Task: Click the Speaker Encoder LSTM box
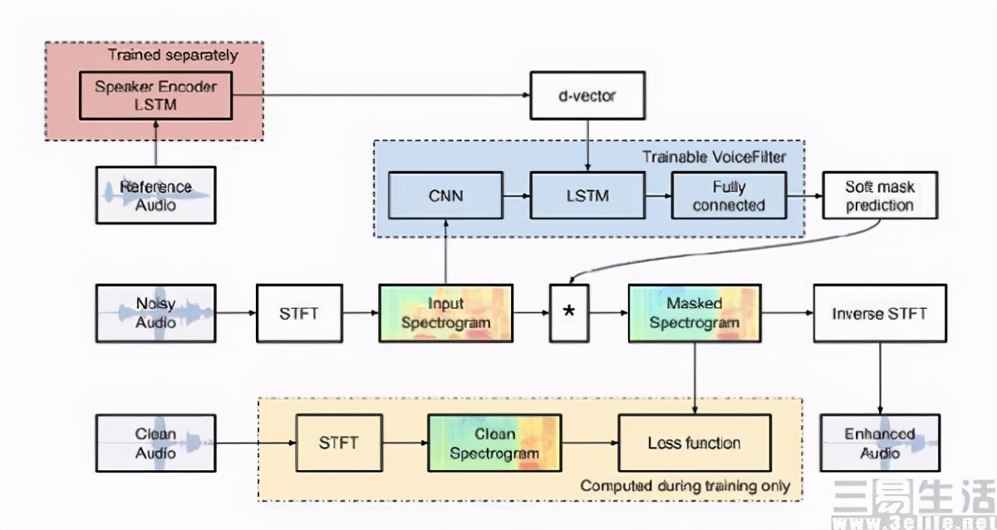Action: coord(155,95)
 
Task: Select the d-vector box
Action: coord(587,96)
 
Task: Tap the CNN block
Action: coord(445,196)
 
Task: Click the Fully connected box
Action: coord(728,196)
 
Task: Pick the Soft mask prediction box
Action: coord(880,196)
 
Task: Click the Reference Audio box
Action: coord(155,195)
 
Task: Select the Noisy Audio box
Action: coord(155,313)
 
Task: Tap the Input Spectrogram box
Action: coord(445,313)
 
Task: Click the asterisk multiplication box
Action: coord(569,314)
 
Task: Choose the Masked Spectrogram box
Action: coord(695,313)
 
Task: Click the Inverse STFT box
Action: coord(880,313)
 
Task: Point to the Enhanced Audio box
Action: coord(880,444)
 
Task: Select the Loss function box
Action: coord(695,444)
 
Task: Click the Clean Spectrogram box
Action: coord(495,444)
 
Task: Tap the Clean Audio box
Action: coord(155,444)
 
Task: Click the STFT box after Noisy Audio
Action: coord(299,313)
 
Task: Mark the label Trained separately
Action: coord(173,56)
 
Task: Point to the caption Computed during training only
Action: coord(685,485)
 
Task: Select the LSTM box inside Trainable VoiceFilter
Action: coord(587,196)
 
